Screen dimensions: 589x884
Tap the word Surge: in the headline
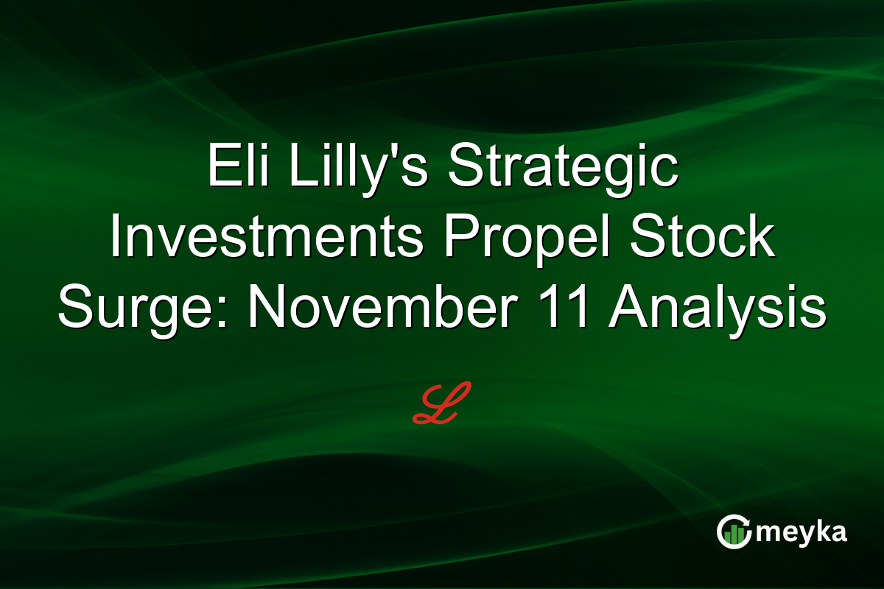(144, 308)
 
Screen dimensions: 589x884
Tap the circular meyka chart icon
(734, 532)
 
